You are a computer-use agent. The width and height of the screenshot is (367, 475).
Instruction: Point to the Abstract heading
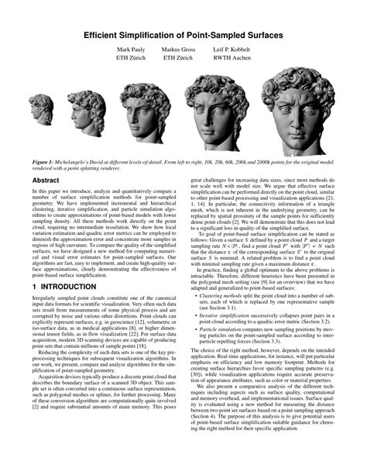tap(45, 179)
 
